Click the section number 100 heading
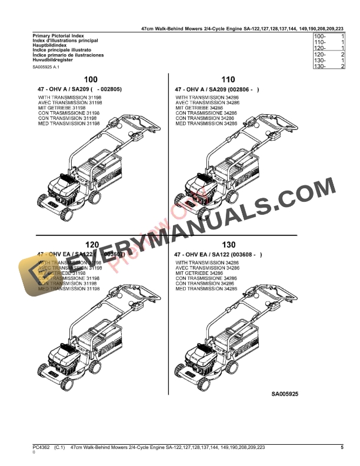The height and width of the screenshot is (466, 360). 91,79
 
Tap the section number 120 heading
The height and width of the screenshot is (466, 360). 91,244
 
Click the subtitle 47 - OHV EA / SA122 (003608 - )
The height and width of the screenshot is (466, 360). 218,254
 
